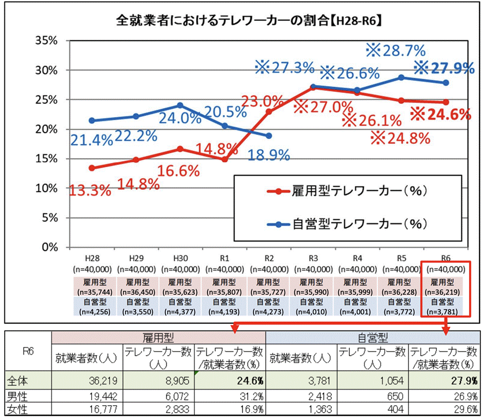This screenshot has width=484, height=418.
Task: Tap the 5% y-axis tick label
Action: coord(50,218)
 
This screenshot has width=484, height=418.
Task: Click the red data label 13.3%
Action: coord(90,189)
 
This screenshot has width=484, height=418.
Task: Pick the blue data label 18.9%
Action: coord(269,155)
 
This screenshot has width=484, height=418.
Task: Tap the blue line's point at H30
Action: coord(180,105)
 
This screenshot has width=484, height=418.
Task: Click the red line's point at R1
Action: coord(225,159)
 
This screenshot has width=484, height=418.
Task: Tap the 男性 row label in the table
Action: coord(17,396)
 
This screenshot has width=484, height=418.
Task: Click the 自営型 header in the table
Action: coord(373,338)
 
